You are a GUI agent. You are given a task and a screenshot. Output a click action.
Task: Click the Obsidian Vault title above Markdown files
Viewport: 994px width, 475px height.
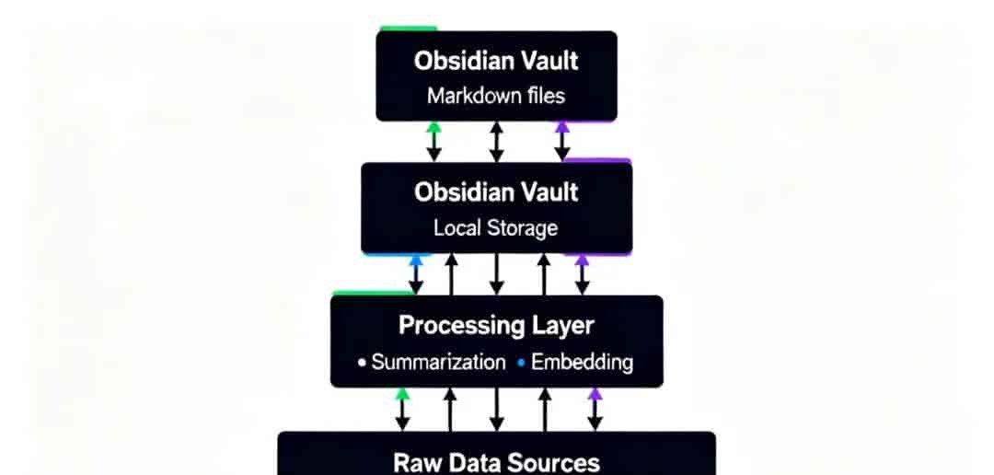(496, 61)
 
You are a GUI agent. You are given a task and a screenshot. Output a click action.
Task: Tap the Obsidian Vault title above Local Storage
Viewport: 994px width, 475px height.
(496, 192)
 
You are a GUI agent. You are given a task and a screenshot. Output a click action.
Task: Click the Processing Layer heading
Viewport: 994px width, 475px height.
(496, 325)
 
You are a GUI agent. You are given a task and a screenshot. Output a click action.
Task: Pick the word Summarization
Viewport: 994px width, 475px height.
(439, 362)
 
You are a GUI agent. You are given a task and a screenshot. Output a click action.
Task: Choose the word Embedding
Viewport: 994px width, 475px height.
(582, 363)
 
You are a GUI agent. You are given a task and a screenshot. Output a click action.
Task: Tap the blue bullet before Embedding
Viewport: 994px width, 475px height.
(521, 363)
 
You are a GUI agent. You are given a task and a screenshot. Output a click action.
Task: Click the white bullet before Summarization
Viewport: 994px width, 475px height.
(362, 363)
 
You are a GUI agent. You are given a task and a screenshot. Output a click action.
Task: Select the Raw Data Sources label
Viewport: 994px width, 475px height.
(496, 462)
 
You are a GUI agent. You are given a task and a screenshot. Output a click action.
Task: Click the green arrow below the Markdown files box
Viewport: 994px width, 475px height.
(433, 142)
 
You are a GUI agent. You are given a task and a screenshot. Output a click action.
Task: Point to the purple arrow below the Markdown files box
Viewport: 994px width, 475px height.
(562, 142)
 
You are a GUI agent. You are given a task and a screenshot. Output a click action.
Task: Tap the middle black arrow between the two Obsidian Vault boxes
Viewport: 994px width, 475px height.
(497, 142)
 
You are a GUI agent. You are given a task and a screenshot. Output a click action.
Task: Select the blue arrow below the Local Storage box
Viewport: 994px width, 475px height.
(416, 274)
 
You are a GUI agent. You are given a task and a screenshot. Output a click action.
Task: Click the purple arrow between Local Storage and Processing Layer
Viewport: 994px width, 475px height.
(582, 274)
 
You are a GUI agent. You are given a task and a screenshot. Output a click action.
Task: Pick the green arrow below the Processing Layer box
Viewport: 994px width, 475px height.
(402, 410)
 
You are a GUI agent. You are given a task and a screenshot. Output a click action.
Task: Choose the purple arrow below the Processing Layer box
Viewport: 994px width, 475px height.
(595, 410)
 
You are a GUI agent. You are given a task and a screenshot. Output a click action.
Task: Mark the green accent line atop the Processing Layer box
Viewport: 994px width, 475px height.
(373, 293)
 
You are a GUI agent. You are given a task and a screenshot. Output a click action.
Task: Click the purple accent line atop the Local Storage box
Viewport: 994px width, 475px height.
(597, 160)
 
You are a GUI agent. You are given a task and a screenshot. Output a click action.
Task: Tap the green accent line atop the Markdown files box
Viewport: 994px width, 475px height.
(409, 29)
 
